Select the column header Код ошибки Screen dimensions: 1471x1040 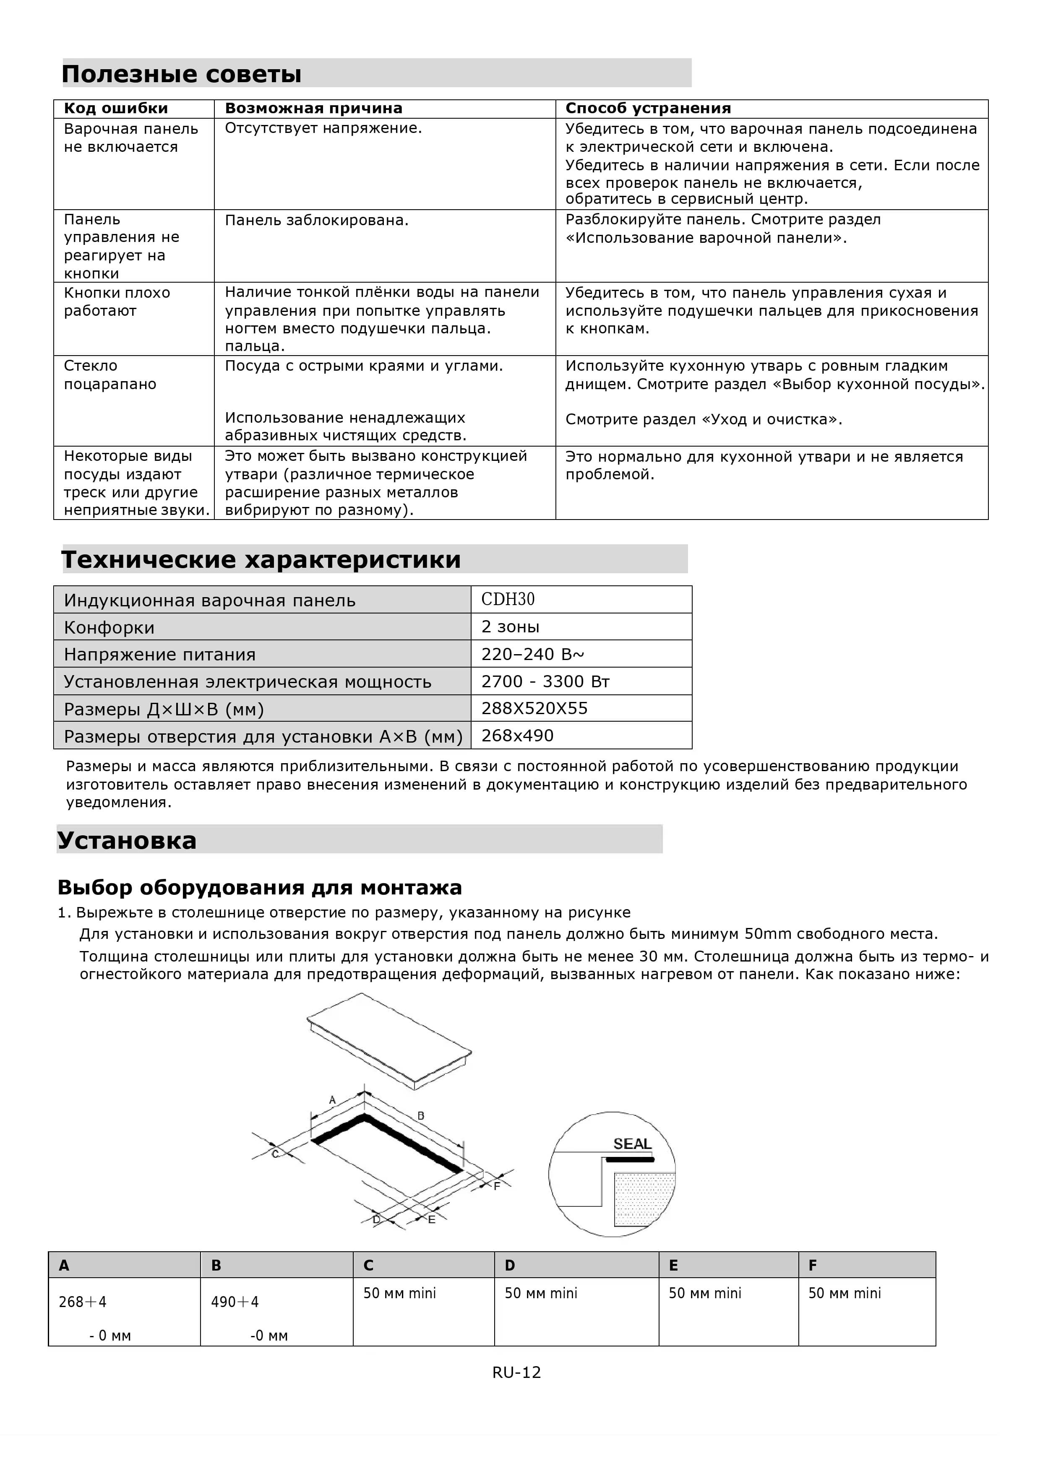click(115, 108)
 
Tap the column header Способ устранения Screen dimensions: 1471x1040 click(648, 108)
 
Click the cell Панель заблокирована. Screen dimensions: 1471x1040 click(317, 221)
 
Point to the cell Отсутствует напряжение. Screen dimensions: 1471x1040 click(323, 128)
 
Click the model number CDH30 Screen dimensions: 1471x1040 click(508, 599)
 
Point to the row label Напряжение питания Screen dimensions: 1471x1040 click(159, 654)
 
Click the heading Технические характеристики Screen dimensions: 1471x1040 click(261, 559)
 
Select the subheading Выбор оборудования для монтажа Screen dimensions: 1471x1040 click(260, 887)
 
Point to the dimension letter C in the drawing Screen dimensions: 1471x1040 click(275, 1154)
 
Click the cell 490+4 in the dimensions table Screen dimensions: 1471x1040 click(235, 1302)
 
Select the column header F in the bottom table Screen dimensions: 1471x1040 click(813, 1266)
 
